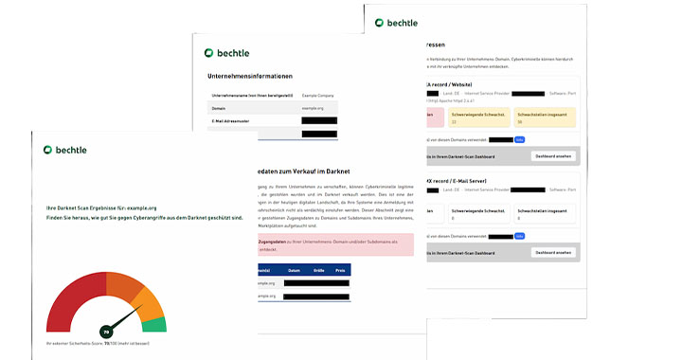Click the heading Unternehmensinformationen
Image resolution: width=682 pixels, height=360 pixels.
250,77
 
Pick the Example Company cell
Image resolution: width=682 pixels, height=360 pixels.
318,96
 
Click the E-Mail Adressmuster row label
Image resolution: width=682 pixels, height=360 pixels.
230,121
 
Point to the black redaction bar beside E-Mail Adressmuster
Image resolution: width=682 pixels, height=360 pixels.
319,121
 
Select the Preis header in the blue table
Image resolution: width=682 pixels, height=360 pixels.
338,270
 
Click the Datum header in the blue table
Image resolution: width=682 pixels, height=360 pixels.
295,270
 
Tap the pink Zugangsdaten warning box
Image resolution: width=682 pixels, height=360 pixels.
322,244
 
